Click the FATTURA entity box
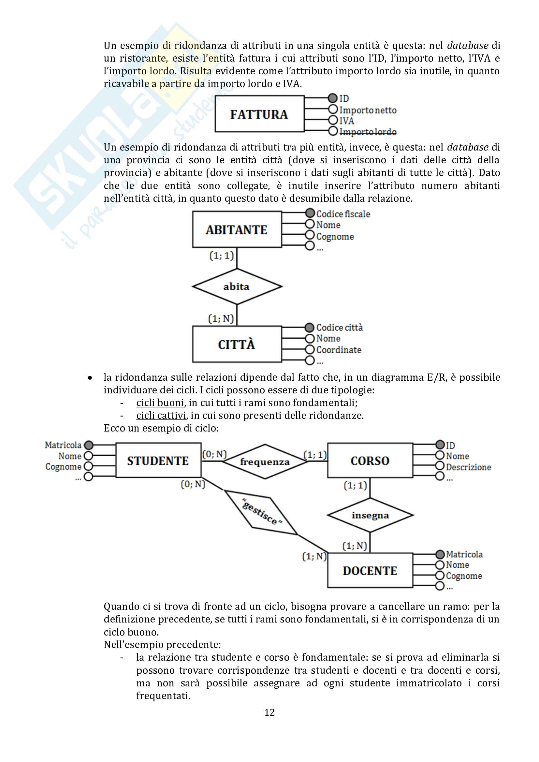tap(259, 114)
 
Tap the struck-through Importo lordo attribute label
tap(368, 132)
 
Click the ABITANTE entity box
tap(237, 230)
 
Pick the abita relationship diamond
tap(237, 286)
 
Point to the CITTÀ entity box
tap(237, 344)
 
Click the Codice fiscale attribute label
tap(343, 214)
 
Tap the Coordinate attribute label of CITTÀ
tap(339, 350)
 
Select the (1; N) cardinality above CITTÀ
tap(221, 319)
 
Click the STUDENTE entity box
tap(158, 461)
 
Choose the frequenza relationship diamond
tap(265, 462)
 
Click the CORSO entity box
tap(370, 461)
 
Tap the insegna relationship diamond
tap(370, 515)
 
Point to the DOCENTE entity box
tap(370, 571)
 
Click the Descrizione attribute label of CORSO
tap(468, 467)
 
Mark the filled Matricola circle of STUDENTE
tap(89, 445)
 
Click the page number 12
tap(269, 712)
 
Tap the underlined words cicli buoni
tap(160, 403)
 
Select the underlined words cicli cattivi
tap(161, 416)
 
